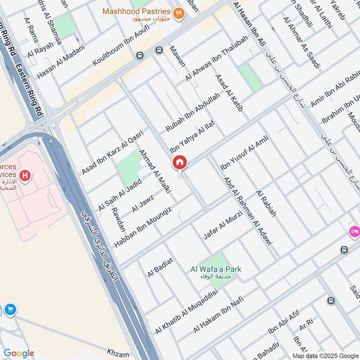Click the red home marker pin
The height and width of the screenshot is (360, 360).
180,163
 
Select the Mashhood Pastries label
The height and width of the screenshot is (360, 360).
136,11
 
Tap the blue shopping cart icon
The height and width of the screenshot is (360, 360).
10,310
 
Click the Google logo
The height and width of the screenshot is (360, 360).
19,353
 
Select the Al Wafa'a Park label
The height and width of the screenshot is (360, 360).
216,270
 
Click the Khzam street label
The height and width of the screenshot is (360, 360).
118,351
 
